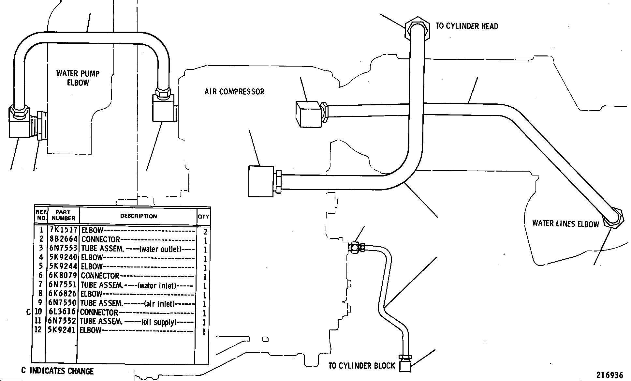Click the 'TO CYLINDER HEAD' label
[x=467, y=26]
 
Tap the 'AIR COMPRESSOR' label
[x=234, y=92]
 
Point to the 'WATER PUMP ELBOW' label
[x=78, y=78]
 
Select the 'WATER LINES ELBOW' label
[x=565, y=223]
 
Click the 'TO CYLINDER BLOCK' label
[x=361, y=366]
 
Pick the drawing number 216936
[x=610, y=375]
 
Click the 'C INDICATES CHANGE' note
[x=57, y=371]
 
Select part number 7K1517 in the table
[x=63, y=230]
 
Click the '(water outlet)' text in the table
[x=160, y=249]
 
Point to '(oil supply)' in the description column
[x=159, y=322]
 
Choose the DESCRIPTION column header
[x=139, y=216]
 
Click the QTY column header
[x=203, y=216]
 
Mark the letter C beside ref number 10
[x=28, y=312]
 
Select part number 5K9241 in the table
[x=62, y=330]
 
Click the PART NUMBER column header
[x=63, y=215]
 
